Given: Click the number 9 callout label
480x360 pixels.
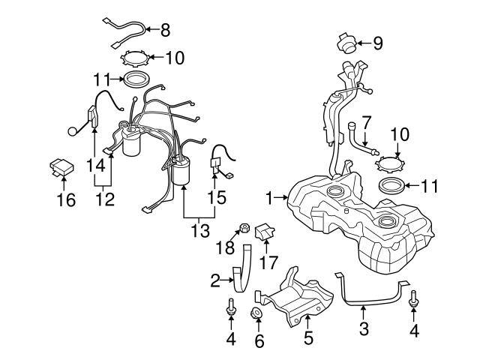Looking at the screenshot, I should (x=377, y=43).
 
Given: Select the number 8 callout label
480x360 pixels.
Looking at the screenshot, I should (x=166, y=30).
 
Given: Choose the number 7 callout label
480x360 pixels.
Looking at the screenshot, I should (x=367, y=121).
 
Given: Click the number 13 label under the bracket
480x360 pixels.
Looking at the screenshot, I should (x=199, y=229).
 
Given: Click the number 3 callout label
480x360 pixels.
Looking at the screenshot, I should (x=364, y=328).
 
